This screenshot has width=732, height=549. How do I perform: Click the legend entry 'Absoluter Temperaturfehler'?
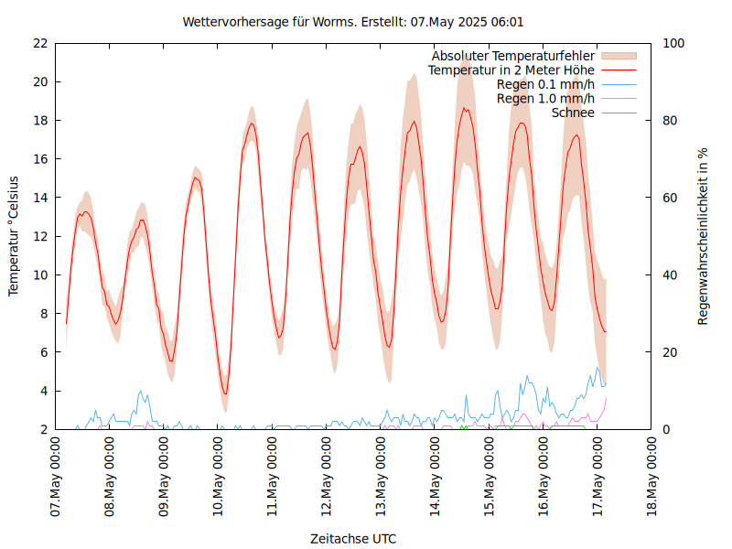tap(513, 56)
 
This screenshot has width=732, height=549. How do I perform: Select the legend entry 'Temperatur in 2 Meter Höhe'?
tap(511, 70)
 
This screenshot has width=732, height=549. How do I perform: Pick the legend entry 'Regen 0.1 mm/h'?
tap(545, 84)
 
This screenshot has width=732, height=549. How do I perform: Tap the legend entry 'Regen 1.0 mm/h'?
tap(545, 98)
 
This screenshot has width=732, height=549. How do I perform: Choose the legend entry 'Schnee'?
tap(573, 113)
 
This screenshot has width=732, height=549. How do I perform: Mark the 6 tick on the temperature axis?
tap(43, 352)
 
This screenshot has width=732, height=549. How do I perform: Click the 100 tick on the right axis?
tap(674, 43)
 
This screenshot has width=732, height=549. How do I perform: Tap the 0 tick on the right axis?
tap(667, 429)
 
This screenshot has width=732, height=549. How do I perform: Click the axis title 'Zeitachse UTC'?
tap(353, 538)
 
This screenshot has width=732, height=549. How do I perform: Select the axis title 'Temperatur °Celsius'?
tap(14, 236)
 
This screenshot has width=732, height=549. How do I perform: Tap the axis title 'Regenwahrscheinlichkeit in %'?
tap(704, 236)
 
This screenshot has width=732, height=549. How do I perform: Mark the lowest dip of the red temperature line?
tap(225, 394)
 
